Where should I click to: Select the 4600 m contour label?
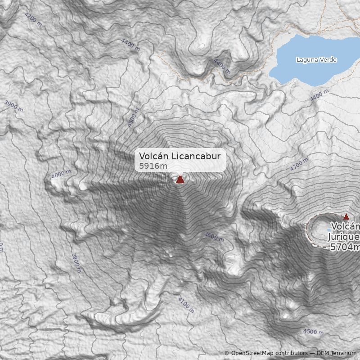coord(214,237)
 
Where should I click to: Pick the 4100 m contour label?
coord(186,305)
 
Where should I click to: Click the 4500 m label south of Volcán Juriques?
coord(313,332)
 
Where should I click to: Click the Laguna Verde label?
coord(316,60)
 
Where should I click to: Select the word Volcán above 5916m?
coord(152,156)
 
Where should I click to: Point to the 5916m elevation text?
coord(153,166)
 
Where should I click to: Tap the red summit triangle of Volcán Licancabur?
coord(180,180)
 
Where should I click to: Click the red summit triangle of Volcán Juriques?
coord(346,216)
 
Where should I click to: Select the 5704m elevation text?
coord(345,247)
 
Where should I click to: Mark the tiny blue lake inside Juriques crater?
coord(329,229)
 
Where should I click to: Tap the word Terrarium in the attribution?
coord(344,353)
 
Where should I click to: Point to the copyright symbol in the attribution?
coord(227,353)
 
